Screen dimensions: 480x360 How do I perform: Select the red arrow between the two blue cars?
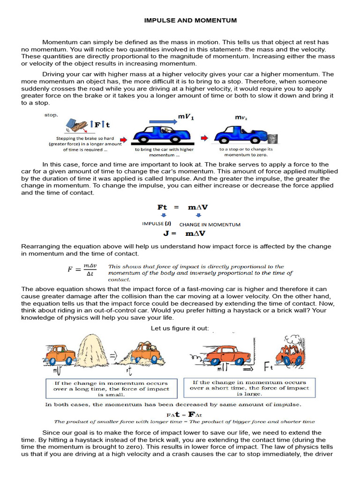click(x=205, y=139)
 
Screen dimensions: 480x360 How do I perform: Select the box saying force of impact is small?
click(x=111, y=389)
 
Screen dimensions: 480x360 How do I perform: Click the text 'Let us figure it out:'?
click(x=180, y=328)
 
